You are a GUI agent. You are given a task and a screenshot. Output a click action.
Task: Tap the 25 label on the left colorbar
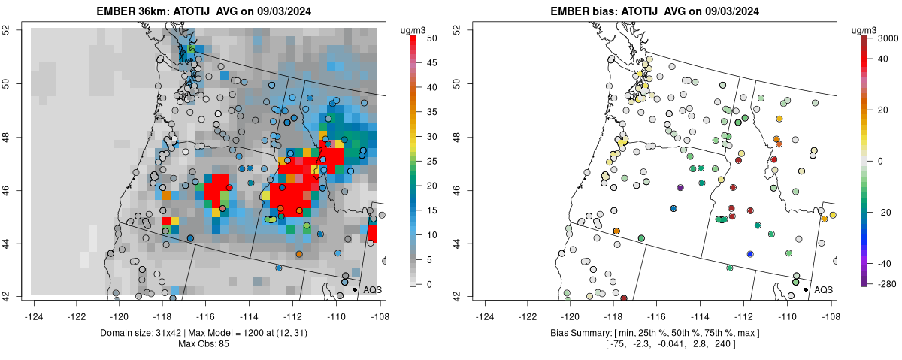click(428, 161)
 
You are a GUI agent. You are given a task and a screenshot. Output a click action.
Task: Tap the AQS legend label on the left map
click(372, 289)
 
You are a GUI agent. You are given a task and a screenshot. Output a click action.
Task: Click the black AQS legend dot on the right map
click(806, 289)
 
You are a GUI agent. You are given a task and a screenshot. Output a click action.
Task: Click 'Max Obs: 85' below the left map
click(204, 344)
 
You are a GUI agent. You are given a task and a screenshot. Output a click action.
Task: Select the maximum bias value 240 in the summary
click(724, 344)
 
